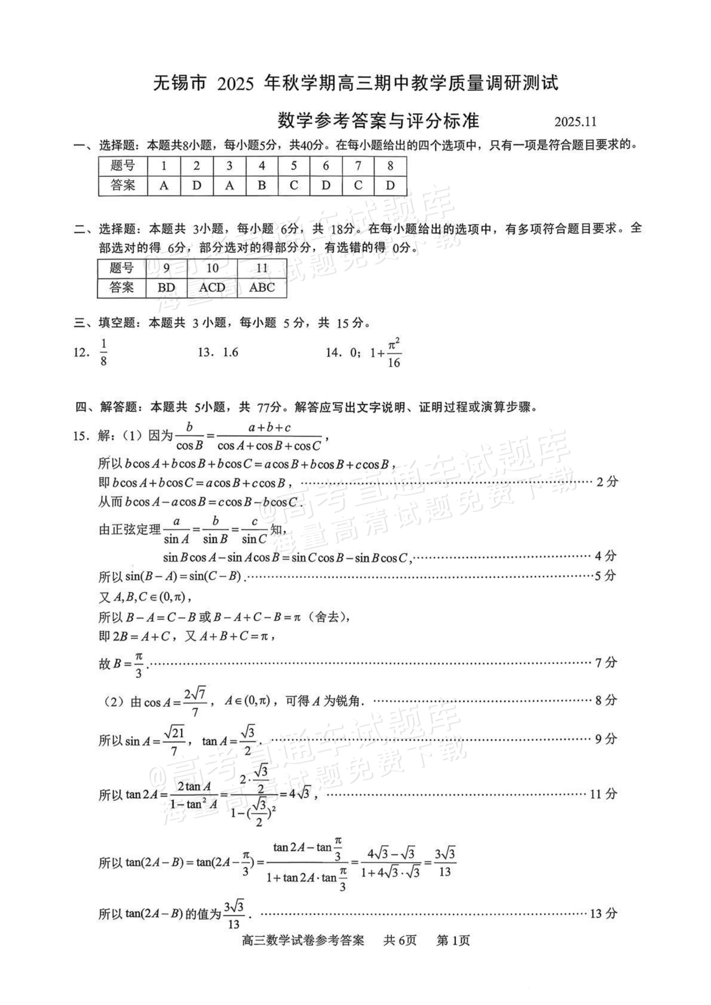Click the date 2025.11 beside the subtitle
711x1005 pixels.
pos(575,122)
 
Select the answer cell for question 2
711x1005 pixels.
pos(196,186)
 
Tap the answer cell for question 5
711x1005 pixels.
pos(294,186)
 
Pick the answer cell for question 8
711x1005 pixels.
pos(390,186)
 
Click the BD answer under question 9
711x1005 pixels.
pos(166,288)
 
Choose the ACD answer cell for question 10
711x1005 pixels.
pos(212,288)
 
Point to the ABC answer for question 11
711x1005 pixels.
pos(262,288)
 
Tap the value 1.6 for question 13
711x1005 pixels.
pos(230,352)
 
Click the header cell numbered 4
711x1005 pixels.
pos(262,166)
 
